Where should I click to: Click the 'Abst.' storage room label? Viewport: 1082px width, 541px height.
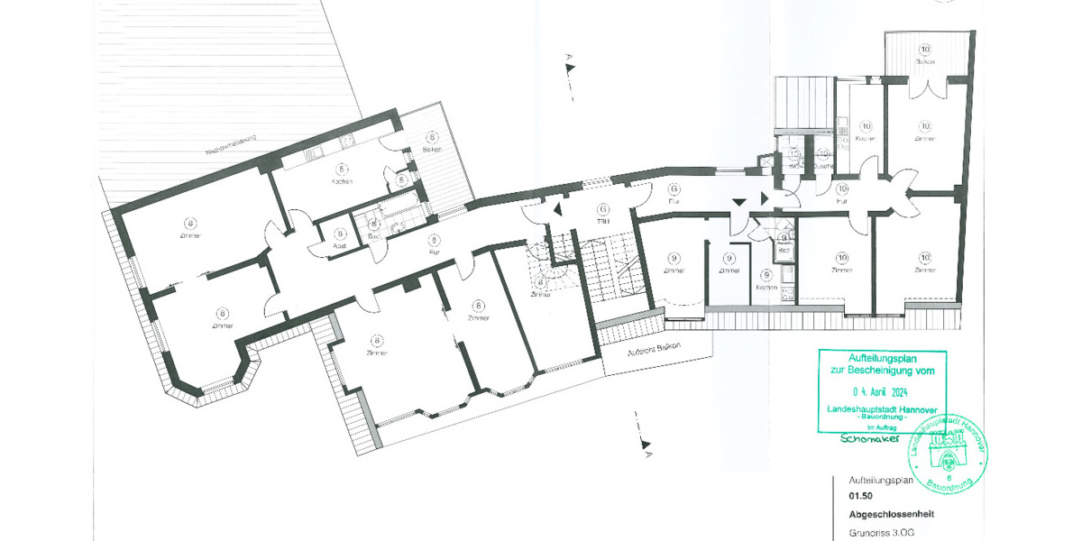(341, 245)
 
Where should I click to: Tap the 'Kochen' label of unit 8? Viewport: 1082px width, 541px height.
(341, 181)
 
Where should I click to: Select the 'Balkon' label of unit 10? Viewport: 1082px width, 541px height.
(925, 61)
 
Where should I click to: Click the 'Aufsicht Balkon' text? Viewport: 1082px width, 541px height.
(656, 348)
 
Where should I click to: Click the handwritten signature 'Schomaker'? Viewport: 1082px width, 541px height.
(871, 439)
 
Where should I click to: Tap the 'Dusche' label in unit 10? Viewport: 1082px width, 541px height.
(823, 167)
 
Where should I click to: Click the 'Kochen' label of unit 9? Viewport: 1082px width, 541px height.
(767, 288)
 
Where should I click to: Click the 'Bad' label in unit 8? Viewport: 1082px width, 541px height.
(373, 236)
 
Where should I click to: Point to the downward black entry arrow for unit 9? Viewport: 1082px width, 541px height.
(740, 203)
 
